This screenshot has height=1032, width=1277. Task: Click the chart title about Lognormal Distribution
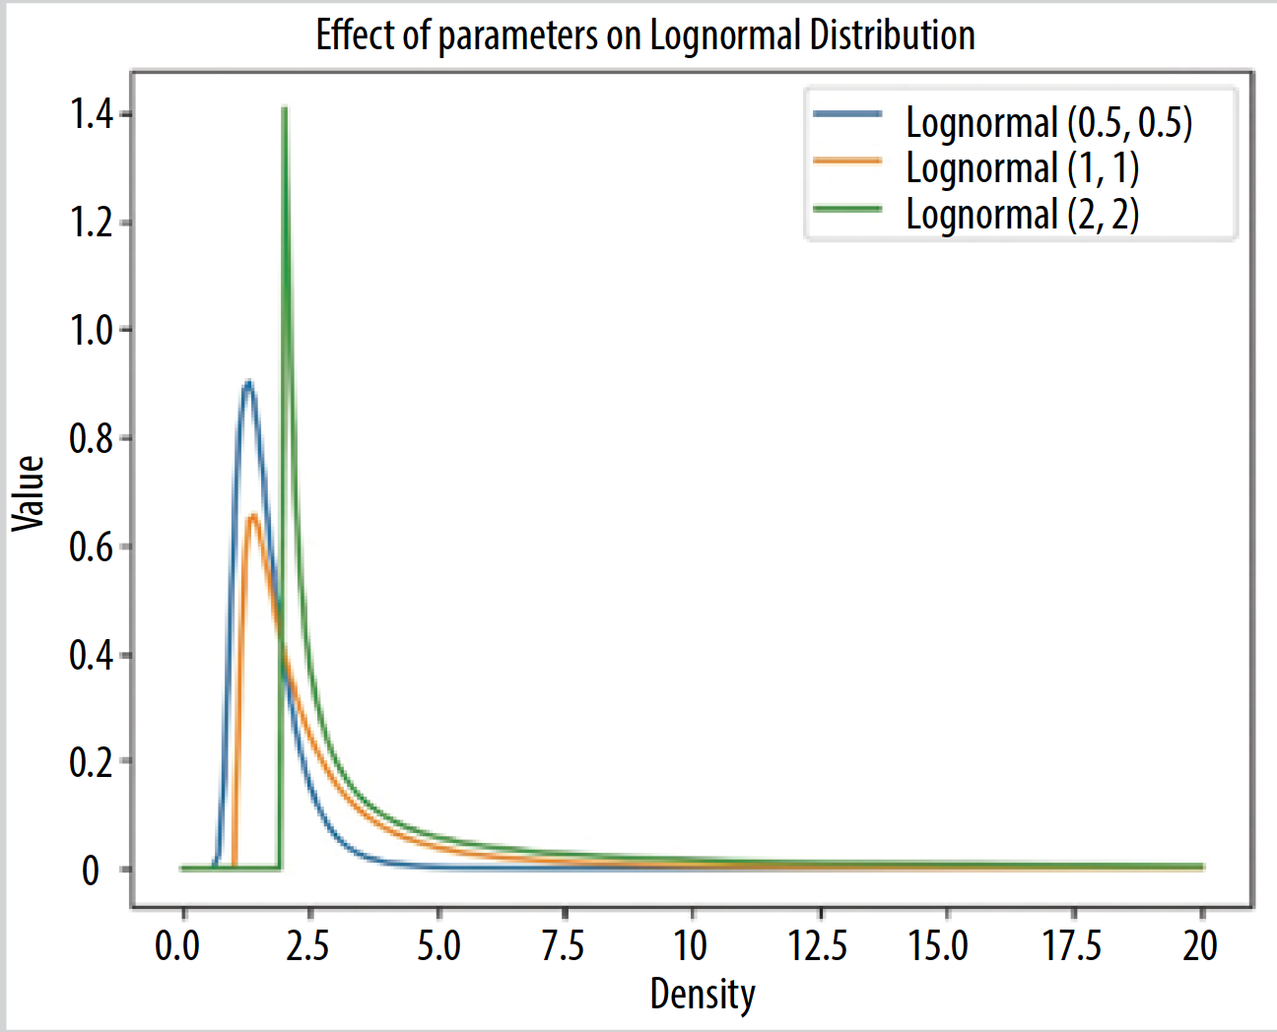pos(645,35)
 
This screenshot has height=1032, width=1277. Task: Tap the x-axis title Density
pos(703,994)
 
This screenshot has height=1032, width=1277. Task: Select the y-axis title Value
pos(29,493)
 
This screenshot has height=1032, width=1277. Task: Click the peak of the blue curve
pos(248,382)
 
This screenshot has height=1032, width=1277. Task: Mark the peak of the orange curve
pos(253,516)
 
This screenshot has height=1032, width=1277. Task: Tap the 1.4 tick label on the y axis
pos(92,115)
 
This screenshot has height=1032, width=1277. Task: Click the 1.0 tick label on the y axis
pos(92,330)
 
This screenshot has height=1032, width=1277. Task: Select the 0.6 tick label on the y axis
pos(92,547)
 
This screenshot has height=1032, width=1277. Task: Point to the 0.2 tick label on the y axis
pos(92,761)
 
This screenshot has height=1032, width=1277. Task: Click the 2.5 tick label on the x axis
pos(307,946)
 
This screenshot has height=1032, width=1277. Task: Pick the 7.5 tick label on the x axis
pos(563,946)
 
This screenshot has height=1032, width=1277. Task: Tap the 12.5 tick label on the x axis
pos(818,946)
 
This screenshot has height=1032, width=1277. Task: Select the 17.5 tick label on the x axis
pos(1072,946)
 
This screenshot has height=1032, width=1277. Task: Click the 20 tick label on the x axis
pos(1200,946)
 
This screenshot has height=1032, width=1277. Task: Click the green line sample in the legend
pos(847,208)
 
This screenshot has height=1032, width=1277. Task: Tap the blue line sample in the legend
pos(847,114)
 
